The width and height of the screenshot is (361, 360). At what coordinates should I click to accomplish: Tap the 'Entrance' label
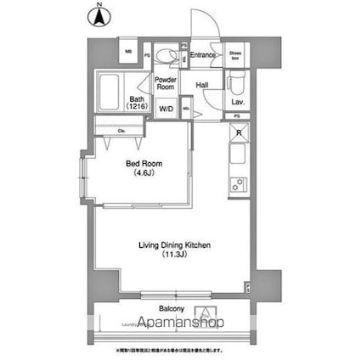click(202, 56)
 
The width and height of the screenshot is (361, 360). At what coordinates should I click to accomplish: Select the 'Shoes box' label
click(235, 56)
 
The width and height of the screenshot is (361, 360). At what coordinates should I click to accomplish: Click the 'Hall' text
click(202, 85)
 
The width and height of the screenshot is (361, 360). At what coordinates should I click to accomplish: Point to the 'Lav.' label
click(239, 102)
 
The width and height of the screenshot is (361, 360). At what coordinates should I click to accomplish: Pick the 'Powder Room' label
click(166, 84)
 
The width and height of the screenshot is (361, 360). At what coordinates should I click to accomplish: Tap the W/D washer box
click(166, 109)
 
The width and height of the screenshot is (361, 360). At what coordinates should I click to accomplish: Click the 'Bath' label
click(136, 103)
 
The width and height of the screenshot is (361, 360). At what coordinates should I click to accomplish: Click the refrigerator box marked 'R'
click(239, 133)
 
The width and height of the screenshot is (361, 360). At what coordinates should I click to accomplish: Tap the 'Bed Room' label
click(139, 164)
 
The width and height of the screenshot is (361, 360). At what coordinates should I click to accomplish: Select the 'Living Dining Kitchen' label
click(174, 245)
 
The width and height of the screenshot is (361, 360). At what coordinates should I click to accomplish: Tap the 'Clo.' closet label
click(122, 132)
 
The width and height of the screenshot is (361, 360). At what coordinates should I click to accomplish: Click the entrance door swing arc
click(204, 30)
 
